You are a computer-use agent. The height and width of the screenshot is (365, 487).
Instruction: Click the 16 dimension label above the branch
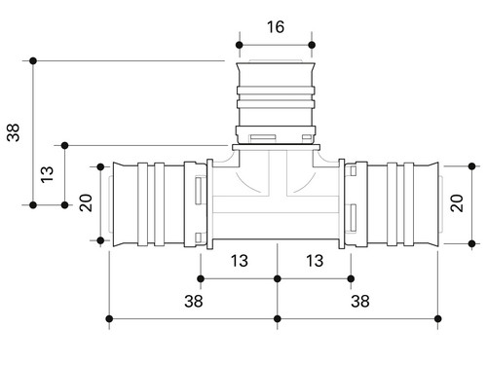276,27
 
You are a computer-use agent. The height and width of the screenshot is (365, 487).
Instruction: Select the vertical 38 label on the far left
14,132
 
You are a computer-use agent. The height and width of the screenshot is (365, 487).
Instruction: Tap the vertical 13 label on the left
47,174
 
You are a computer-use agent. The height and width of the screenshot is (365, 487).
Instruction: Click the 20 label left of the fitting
86,202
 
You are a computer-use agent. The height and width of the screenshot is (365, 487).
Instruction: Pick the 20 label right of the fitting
457,203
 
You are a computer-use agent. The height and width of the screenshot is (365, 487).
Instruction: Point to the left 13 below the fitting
240,261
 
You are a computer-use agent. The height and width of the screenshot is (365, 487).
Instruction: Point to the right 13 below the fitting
315,261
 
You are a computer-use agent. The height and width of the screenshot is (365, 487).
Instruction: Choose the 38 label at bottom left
194,301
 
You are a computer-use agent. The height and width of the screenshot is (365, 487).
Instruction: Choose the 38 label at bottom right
360,301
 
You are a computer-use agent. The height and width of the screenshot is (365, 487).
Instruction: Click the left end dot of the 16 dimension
240,45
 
